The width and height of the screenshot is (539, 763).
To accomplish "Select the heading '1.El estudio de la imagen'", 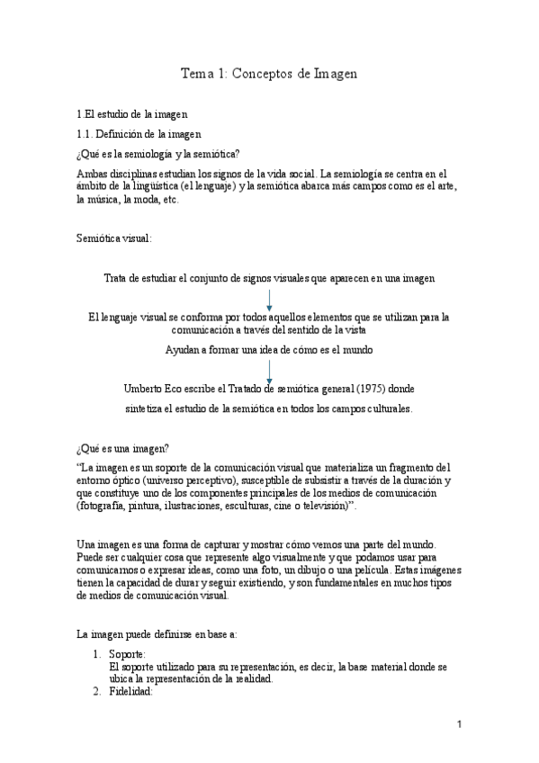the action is pos(132,114).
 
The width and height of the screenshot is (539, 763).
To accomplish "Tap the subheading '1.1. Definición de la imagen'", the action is pos(139,134).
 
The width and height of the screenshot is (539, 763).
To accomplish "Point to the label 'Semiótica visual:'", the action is pos(113,238).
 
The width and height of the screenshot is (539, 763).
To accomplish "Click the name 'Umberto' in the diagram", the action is pos(143,389).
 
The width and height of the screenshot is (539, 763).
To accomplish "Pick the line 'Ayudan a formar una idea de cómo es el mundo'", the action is pos(269,349).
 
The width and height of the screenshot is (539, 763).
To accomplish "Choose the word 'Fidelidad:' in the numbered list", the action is pos(131,692).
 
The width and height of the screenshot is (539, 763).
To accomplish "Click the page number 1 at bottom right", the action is pos(458,724).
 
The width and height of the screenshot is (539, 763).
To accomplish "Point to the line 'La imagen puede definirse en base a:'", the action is pos(157,633).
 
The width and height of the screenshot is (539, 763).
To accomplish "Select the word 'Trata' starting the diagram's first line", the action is pos(116,278).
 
